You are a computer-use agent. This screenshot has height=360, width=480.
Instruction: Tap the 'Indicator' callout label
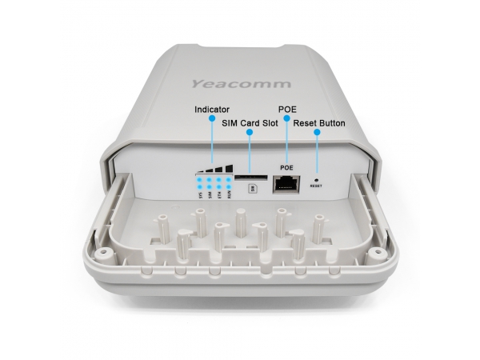213,109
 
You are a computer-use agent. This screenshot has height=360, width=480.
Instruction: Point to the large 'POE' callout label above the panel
286,109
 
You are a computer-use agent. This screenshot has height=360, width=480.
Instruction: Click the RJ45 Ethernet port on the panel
286,183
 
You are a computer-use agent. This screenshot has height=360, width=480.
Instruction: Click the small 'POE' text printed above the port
286,167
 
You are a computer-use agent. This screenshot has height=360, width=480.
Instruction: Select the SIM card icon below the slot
253,189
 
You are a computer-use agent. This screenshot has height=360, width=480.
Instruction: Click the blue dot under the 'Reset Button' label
318,133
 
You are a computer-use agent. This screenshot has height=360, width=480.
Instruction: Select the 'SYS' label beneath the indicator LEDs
198,193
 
